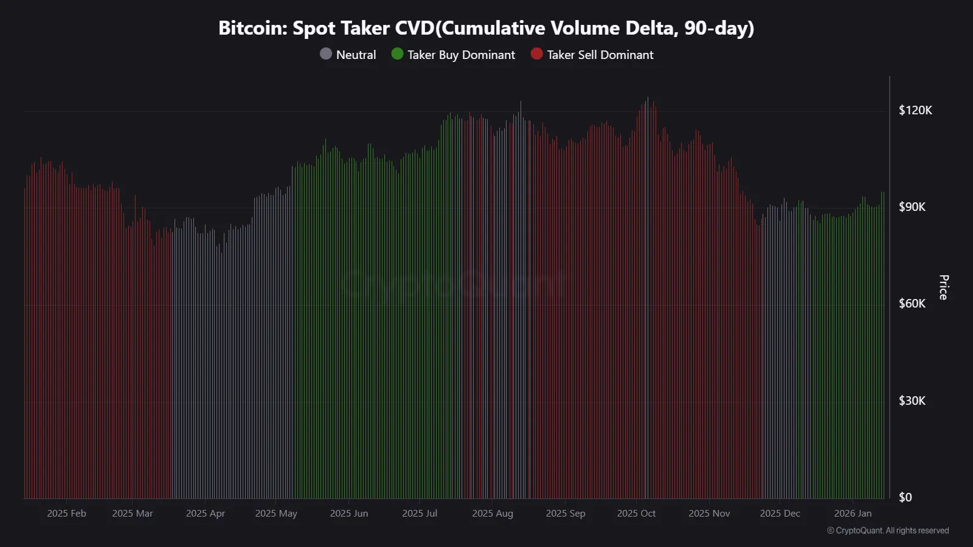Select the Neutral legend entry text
(356, 55)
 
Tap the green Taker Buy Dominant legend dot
(397, 54)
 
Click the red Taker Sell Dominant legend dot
(536, 54)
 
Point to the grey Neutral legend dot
(326, 54)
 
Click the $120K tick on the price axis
(915, 110)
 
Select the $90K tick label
(912, 207)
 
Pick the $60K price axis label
(912, 303)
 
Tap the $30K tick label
(912, 401)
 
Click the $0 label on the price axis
(905, 497)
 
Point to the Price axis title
(943, 287)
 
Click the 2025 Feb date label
(66, 514)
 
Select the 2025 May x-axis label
(276, 514)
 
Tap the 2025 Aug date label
(493, 514)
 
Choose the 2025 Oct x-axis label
(636, 514)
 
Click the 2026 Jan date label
(853, 514)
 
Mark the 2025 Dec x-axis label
(780, 514)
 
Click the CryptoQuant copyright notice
(888, 531)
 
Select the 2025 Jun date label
(349, 514)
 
